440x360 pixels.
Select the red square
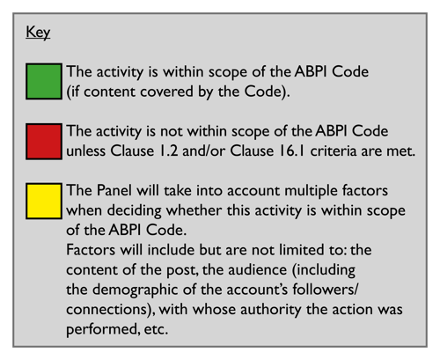[46, 141]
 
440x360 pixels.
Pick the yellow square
[46, 200]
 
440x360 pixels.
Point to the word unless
[90, 151]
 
